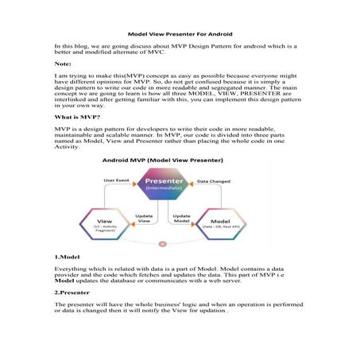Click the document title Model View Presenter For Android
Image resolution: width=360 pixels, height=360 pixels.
179,34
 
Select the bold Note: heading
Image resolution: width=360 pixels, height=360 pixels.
64,63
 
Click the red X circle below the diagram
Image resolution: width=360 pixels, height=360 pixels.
163,243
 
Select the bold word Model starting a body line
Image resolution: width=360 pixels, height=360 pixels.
65,281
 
